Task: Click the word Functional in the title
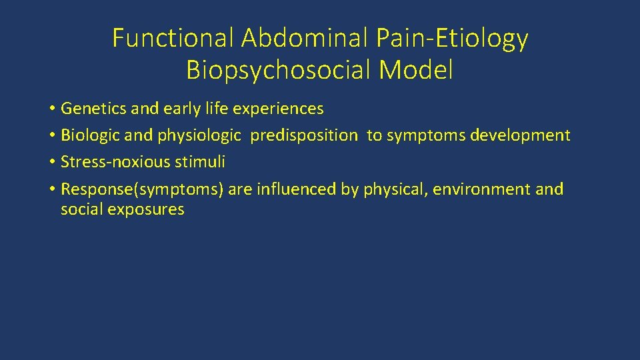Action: coord(174,39)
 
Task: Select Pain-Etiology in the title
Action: coord(452,39)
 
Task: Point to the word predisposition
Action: coord(304,135)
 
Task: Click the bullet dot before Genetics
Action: coord(51,109)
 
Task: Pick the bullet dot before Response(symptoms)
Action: coord(51,190)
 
